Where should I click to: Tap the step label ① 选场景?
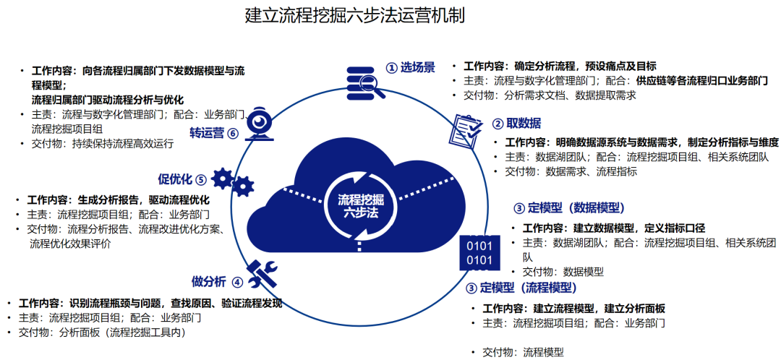410,67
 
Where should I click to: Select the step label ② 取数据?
517,123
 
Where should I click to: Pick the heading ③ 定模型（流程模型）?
521,288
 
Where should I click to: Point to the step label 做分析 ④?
217,281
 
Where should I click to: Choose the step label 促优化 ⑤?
182,179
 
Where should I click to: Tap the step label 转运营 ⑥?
213,133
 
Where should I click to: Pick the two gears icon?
233,180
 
